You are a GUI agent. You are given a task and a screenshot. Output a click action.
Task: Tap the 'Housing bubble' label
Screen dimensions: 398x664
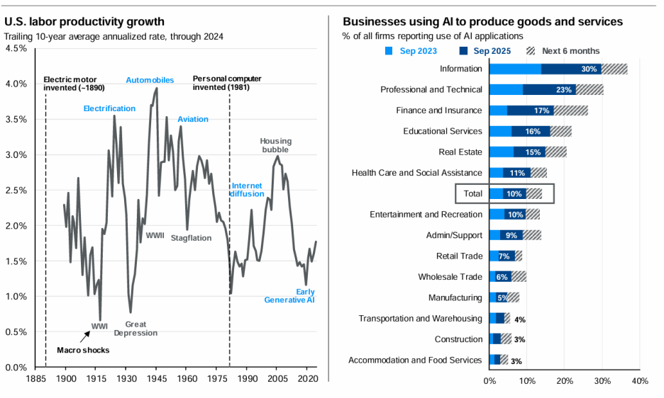[x=276, y=146]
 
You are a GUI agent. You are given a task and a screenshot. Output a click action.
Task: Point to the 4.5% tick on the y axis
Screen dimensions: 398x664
[x=16, y=48]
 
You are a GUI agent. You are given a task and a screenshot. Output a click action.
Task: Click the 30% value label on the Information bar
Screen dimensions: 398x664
[x=589, y=69]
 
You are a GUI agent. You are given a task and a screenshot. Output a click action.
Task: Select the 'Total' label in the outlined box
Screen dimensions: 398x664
[x=473, y=193]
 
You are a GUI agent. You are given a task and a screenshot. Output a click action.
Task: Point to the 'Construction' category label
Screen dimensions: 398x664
[x=459, y=339]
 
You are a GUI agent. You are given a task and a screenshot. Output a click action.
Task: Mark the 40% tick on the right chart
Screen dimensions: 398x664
[x=639, y=382]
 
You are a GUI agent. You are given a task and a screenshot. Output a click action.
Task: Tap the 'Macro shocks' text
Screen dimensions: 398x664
[x=84, y=350]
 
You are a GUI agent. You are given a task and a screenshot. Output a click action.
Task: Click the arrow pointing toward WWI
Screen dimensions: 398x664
[x=85, y=335]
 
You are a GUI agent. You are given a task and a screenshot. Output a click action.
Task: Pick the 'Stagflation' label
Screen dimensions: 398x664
[x=191, y=238]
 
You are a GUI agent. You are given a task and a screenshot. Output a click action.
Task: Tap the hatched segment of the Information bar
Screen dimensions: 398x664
[x=614, y=69]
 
